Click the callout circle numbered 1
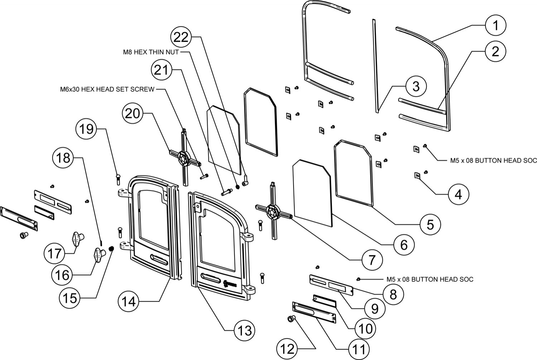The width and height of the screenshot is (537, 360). coord(495,25)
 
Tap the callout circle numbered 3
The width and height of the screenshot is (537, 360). coord(416,86)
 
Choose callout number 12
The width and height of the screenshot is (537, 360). coord(288,349)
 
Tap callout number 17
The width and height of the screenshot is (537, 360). coord(55,254)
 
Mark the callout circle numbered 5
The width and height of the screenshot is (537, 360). coord(430,224)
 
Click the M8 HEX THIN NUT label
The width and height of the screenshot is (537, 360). coord(149,52)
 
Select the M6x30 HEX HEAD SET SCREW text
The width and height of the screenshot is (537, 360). coord(107,89)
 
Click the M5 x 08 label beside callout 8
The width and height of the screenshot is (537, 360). coord(430,279)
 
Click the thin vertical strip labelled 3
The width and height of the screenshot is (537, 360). coord(375,66)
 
